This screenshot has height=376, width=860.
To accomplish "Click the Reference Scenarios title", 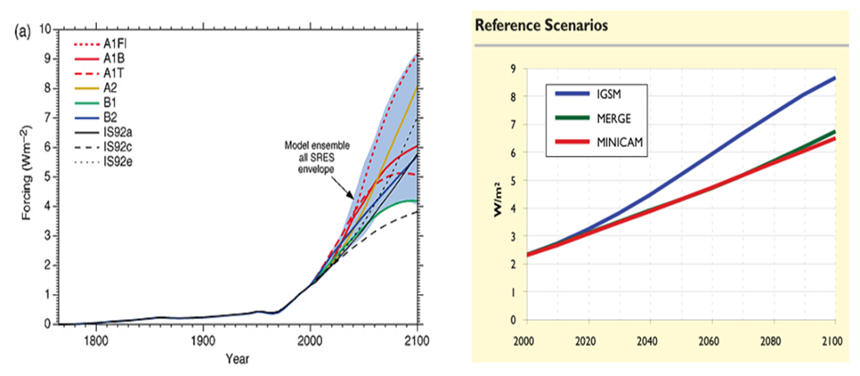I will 541,26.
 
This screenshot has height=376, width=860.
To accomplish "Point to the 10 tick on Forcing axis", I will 45,30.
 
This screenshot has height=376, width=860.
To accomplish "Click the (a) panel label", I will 22,31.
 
